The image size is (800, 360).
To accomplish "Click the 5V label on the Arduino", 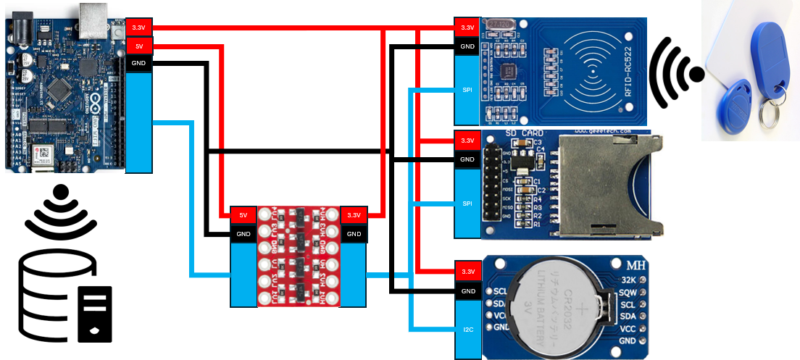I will click(x=138, y=46).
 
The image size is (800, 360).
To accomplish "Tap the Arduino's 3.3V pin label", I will click(x=138, y=28).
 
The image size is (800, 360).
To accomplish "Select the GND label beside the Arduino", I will click(x=138, y=64).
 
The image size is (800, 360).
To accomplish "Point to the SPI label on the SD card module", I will click(x=467, y=204).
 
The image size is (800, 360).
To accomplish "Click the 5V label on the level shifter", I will click(x=243, y=215).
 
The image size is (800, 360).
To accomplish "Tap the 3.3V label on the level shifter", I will click(x=354, y=215).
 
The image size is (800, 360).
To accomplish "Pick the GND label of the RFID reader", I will click(x=467, y=46).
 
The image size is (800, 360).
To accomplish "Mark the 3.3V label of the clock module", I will click(x=467, y=272).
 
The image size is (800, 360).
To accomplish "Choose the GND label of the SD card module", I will click(x=467, y=159).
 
